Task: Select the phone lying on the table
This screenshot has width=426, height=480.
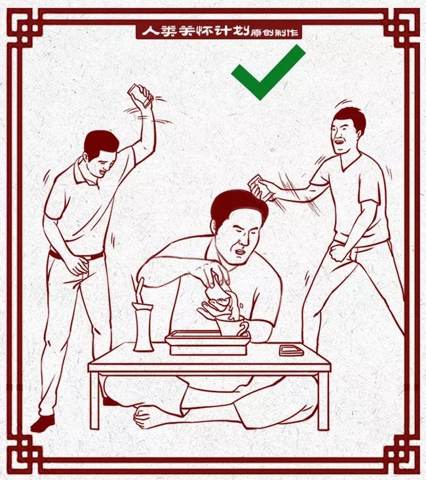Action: (291, 350)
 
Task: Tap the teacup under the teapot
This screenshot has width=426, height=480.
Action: (233, 325)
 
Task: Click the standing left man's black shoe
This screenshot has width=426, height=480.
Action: (43, 423)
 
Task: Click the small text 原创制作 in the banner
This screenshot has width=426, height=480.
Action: (275, 32)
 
